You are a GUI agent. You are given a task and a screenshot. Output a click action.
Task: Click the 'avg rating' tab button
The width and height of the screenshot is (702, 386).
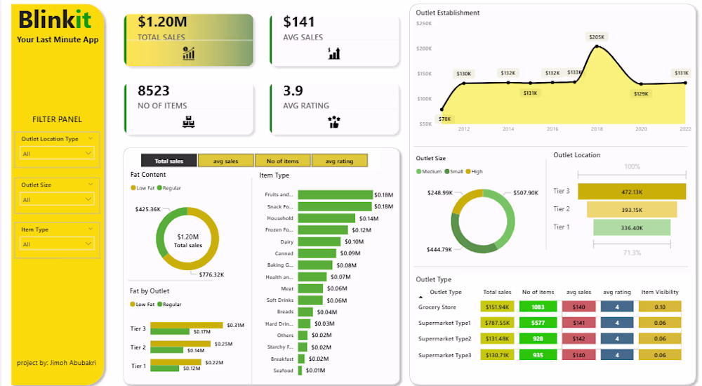[340, 161]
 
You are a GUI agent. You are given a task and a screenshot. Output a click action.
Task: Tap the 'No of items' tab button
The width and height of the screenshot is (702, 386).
[283, 161]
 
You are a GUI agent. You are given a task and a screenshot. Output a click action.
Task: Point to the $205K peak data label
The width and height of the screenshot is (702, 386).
[597, 36]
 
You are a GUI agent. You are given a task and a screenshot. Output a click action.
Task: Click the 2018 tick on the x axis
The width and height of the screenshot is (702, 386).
[597, 129]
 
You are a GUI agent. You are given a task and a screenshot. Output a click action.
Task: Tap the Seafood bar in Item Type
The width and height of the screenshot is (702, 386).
[300, 370]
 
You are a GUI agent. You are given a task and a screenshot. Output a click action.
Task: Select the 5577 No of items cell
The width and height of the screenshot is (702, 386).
[538, 323]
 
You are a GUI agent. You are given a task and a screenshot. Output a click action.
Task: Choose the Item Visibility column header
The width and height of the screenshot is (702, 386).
[660, 292]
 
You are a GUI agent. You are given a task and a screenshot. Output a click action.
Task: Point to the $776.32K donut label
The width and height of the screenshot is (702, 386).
[211, 274]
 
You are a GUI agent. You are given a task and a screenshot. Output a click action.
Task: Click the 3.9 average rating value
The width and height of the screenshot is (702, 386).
[293, 91]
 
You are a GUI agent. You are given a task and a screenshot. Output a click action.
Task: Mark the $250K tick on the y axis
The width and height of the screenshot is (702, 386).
[424, 23]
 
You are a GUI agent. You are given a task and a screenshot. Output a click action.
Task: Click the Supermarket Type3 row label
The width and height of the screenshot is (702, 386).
[445, 354]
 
